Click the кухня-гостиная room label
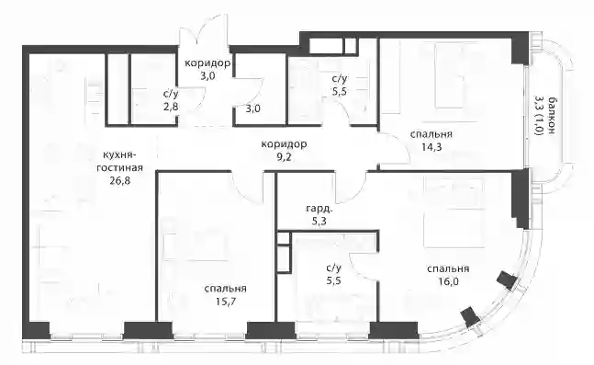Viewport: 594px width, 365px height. pyautogui.click(x=119, y=161)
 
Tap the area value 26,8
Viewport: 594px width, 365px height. pyautogui.click(x=119, y=180)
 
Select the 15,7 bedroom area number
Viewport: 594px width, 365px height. pyautogui.click(x=225, y=302)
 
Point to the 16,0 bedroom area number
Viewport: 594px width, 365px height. pyautogui.click(x=448, y=281)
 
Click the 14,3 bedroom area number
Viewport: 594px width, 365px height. pyautogui.click(x=431, y=147)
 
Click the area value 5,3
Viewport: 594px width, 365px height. pyautogui.click(x=319, y=222)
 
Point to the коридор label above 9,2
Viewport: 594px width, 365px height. pyautogui.click(x=284, y=143)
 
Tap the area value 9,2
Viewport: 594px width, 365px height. pyautogui.click(x=284, y=156)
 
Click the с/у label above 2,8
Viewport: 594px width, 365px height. pyautogui.click(x=171, y=94)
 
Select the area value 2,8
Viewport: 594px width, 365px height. pyautogui.click(x=171, y=107)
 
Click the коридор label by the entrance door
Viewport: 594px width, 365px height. pyautogui.click(x=207, y=63)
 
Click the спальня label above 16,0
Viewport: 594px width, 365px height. pyautogui.click(x=448, y=268)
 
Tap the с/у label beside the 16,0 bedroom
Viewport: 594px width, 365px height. pyautogui.click(x=334, y=268)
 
